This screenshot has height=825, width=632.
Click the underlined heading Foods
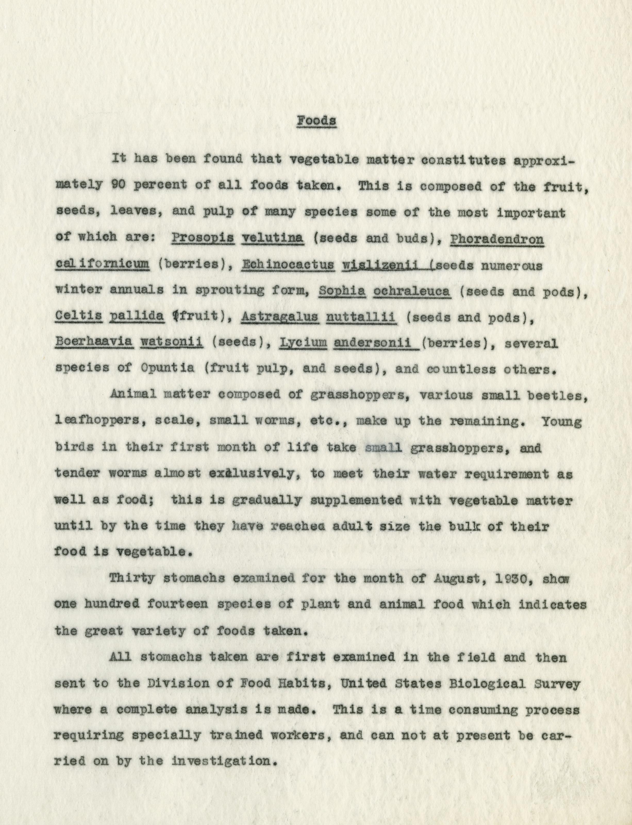pyautogui.click(x=316, y=121)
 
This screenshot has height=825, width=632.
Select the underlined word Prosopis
pyautogui.click(x=203, y=238)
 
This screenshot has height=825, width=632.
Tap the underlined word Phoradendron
pyautogui.click(x=497, y=238)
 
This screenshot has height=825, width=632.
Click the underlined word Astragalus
pyautogui.click(x=280, y=317)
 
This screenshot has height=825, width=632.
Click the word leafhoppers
pyautogui.click(x=98, y=422)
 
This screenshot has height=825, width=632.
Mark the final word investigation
pyautogui.click(x=223, y=762)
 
